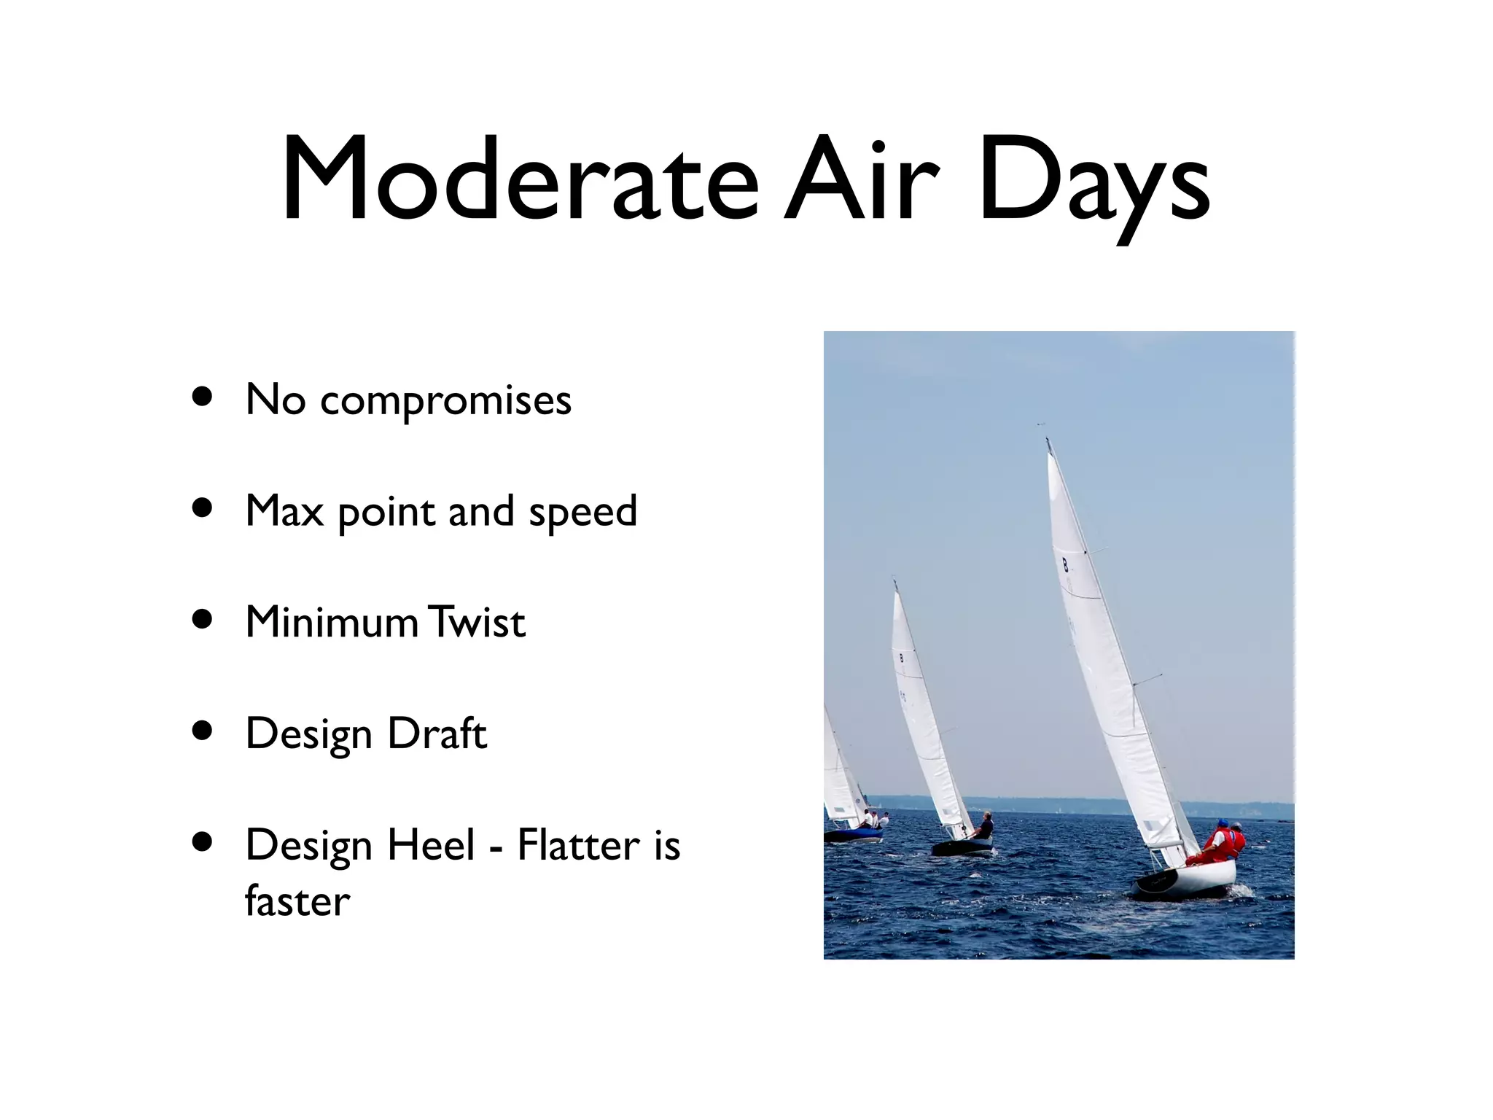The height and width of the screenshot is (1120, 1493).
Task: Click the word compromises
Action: [445, 400]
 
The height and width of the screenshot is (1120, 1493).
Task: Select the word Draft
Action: [437, 734]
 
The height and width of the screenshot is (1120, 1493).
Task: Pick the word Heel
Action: [431, 845]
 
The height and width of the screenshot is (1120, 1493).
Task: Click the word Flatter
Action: [579, 845]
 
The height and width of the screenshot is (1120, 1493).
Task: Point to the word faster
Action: [297, 901]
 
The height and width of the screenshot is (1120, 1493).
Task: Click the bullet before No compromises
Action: [202, 397]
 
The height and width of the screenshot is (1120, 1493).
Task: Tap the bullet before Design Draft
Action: [202, 731]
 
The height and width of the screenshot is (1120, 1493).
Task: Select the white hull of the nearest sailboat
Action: [1196, 879]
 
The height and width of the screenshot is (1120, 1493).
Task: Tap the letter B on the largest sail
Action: [1065, 564]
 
